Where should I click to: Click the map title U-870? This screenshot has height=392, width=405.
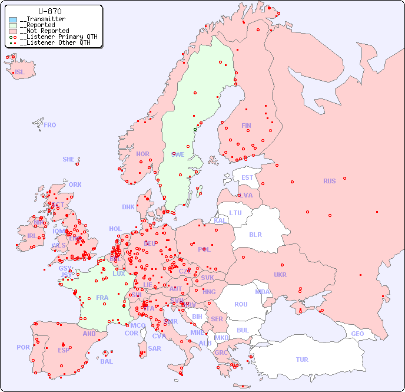(x=49, y=11)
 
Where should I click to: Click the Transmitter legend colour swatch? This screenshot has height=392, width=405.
(x=13, y=19)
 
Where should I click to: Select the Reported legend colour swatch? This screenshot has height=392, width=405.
(x=13, y=25)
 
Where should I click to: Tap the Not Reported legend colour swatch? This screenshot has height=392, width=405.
(x=13, y=31)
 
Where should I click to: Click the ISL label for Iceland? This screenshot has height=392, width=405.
(x=20, y=73)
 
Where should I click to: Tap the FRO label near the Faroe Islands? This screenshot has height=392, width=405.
(x=50, y=125)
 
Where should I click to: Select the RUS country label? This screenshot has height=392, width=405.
(x=329, y=181)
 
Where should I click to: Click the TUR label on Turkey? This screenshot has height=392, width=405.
(x=302, y=360)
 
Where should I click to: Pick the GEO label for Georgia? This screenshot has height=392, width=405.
(x=357, y=334)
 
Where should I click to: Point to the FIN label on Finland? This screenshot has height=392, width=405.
(x=246, y=126)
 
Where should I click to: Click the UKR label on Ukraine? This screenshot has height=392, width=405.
(x=280, y=275)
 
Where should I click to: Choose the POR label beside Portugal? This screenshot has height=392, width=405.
(x=23, y=347)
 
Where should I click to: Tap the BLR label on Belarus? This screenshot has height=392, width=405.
(x=255, y=234)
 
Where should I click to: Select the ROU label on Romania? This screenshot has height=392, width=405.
(x=241, y=304)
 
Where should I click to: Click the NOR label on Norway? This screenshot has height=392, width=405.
(x=142, y=154)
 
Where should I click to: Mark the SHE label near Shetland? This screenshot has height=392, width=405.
(x=69, y=159)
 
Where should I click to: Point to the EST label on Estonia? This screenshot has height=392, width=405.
(x=247, y=177)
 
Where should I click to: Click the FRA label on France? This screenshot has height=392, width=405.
(x=102, y=298)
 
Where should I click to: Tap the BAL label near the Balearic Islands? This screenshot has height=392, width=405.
(x=107, y=361)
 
